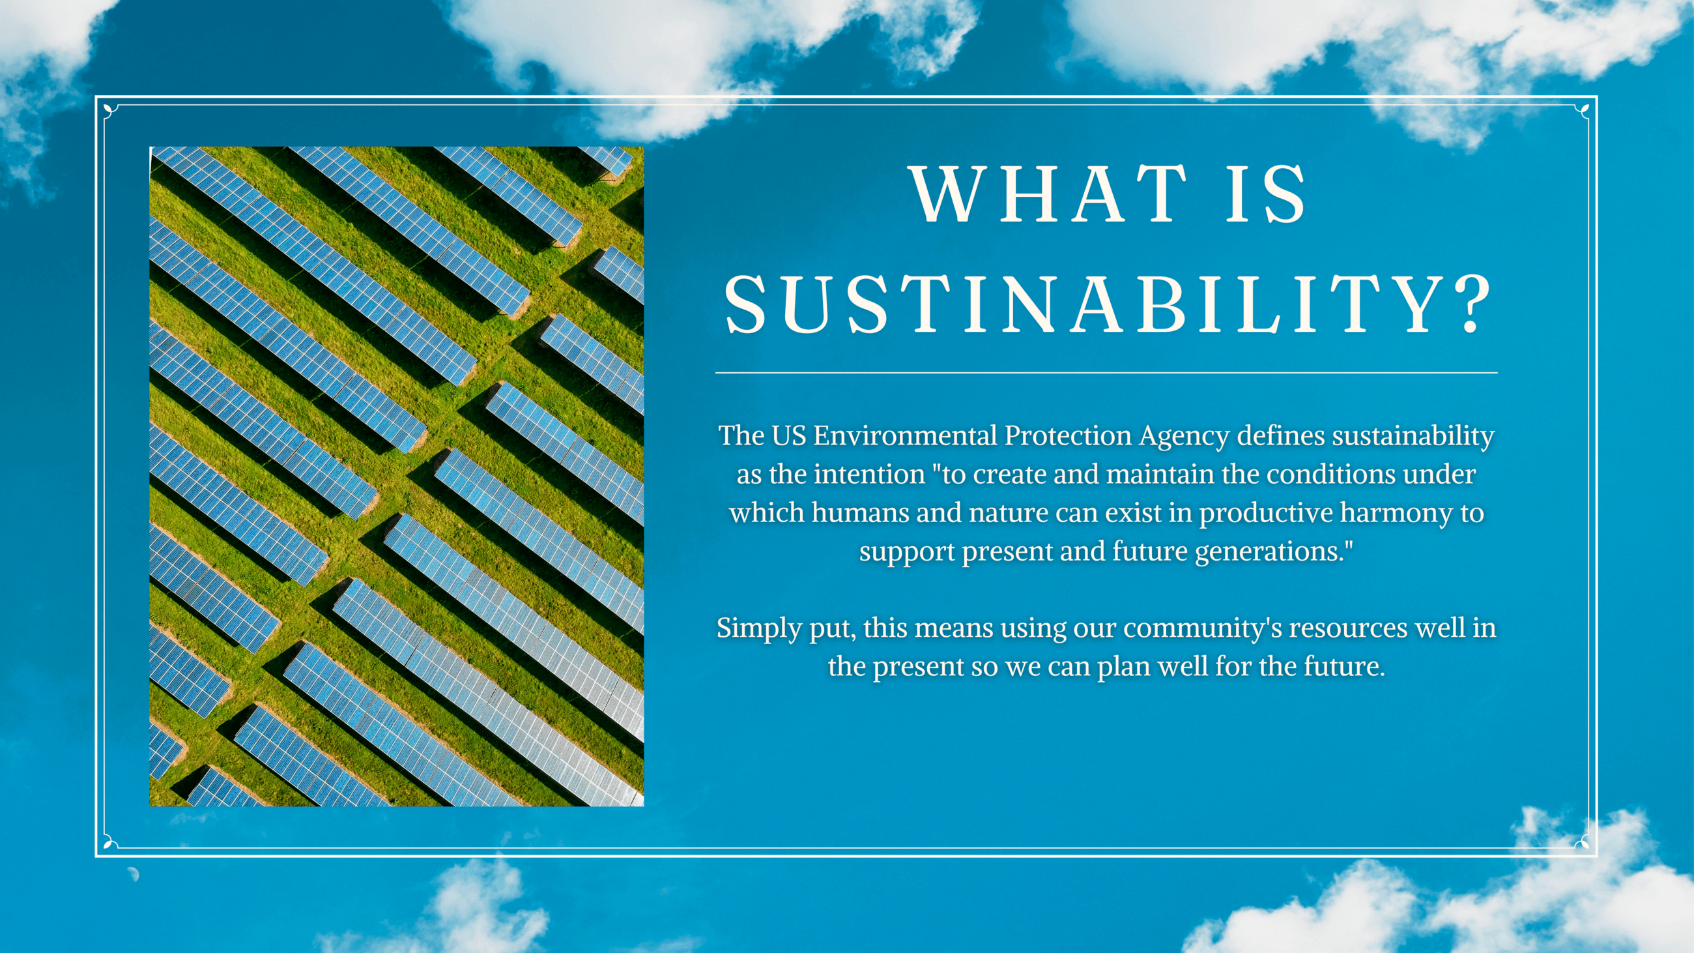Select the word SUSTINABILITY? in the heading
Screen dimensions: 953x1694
(x=1107, y=304)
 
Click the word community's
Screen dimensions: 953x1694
(x=1202, y=628)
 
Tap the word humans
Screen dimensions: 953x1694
(x=859, y=513)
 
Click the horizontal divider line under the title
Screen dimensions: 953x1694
(x=1106, y=373)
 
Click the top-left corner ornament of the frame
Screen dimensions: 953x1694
(x=109, y=111)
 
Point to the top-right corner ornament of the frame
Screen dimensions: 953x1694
(x=1583, y=111)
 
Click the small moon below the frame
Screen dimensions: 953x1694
(x=134, y=874)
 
